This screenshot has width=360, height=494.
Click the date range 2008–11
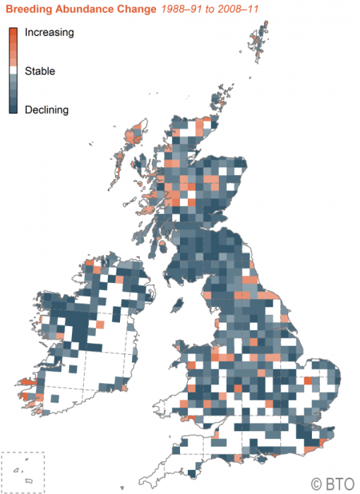pyautogui.click(x=229, y=10)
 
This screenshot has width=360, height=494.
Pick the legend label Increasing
pyautogui.click(x=49, y=32)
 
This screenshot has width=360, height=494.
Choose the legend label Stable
pyautogui.click(x=40, y=71)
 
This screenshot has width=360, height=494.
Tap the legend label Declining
pyautogui.click(x=47, y=110)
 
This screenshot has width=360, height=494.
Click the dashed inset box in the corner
pyautogui.click(x=23, y=470)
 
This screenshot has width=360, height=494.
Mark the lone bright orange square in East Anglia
pyautogui.click(x=308, y=380)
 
